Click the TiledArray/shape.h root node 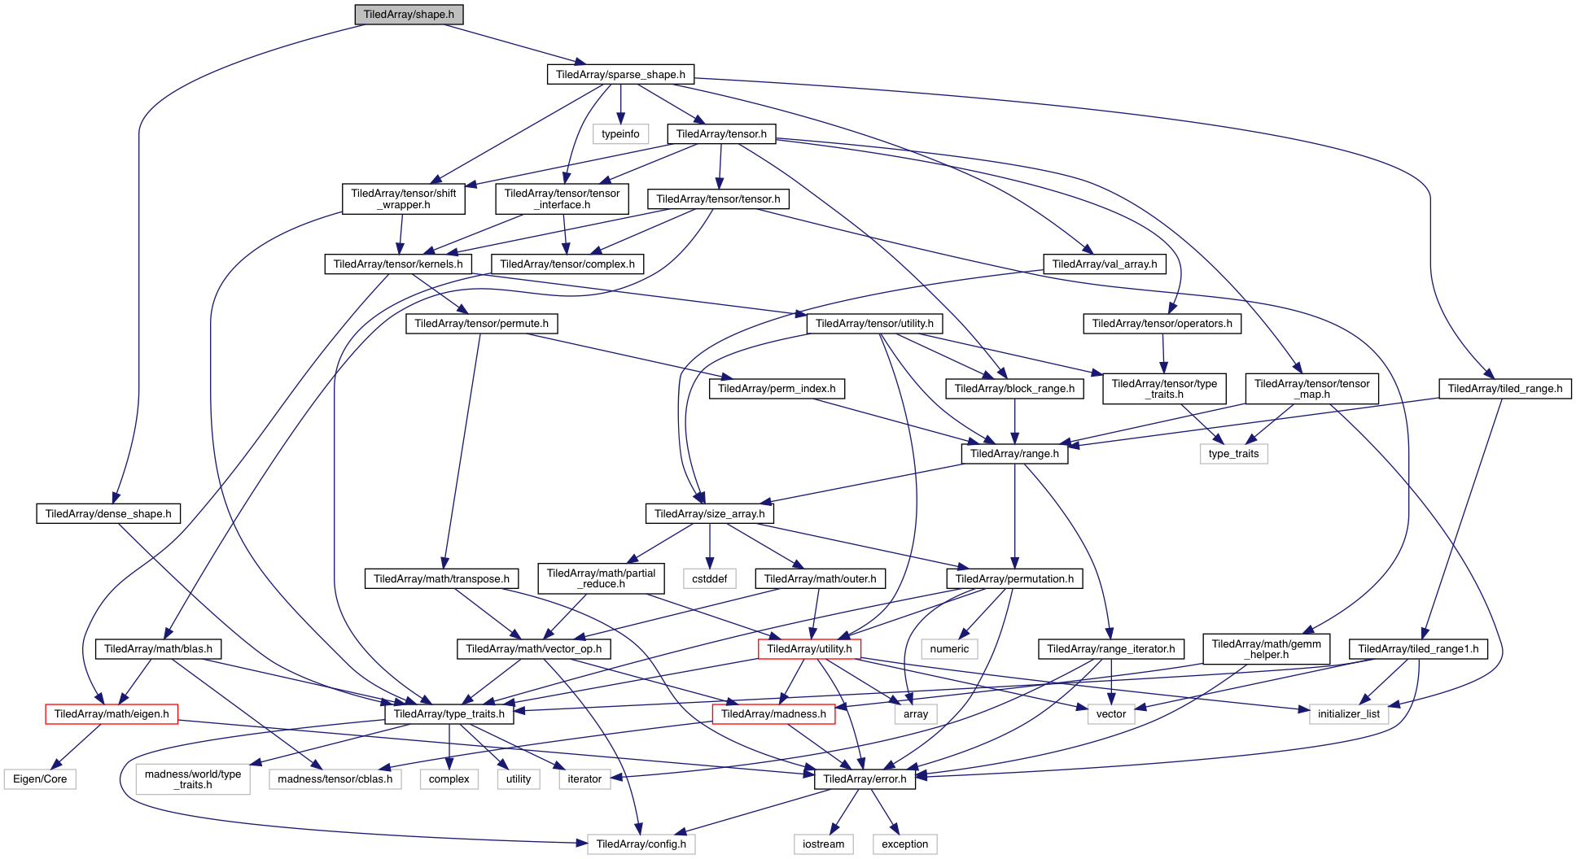[x=409, y=15]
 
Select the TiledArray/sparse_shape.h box [x=620, y=74]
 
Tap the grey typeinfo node [x=620, y=134]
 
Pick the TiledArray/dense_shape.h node [x=108, y=514]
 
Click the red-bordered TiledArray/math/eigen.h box [x=112, y=714]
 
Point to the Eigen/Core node [x=40, y=779]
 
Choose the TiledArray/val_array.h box [x=1104, y=264]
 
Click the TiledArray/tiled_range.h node [x=1504, y=389]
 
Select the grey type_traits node [x=1233, y=454]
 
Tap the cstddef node [x=710, y=579]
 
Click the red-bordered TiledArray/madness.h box [x=773, y=714]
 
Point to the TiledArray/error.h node [x=865, y=779]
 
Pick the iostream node [x=824, y=844]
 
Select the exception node [x=904, y=844]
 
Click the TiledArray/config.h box [x=641, y=844]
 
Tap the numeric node [x=949, y=649]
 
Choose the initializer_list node [x=1349, y=714]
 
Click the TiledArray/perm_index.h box [x=777, y=389]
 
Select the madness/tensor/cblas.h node [x=335, y=779]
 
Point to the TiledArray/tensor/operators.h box [x=1162, y=324]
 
